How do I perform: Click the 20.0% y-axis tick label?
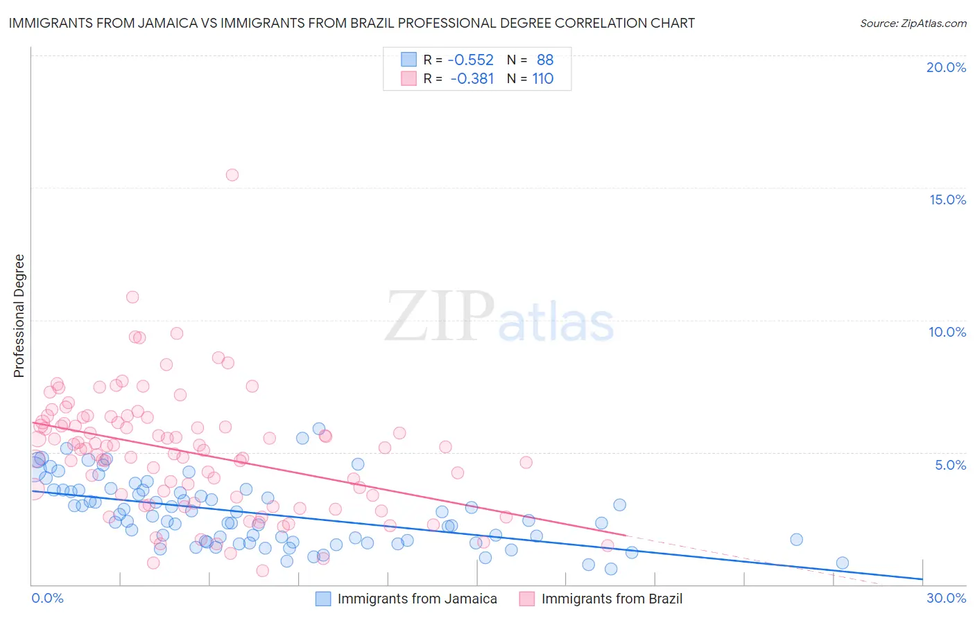946,67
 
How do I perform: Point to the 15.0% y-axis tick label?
947,200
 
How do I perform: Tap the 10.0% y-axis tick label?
947,332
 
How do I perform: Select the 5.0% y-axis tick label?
950,465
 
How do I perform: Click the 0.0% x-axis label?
47,598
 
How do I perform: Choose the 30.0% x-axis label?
946,598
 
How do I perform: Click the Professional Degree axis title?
19,316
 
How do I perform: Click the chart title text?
352,24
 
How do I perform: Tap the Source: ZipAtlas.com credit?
913,24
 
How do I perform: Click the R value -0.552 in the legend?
471,60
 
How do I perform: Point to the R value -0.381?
472,79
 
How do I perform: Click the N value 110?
542,79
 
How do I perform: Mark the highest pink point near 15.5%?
232,175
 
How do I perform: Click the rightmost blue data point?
842,563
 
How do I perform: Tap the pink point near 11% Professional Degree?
132,297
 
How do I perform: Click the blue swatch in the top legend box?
409,60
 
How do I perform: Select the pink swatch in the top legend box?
409,78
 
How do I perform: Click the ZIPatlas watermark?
499,317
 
